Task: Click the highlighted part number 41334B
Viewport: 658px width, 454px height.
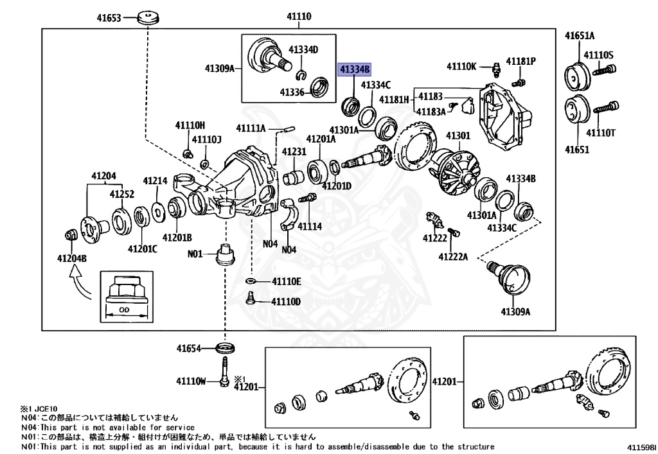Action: click(355, 69)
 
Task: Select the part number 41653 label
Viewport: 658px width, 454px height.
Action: click(109, 18)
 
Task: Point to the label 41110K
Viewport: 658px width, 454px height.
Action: click(461, 66)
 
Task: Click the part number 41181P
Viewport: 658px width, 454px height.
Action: click(520, 62)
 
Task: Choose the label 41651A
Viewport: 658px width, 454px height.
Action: click(580, 35)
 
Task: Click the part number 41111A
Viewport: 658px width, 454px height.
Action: click(251, 128)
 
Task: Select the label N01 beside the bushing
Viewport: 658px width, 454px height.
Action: click(195, 254)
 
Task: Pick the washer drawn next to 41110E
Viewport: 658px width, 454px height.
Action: click(251, 282)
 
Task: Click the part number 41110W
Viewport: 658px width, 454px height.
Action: click(191, 381)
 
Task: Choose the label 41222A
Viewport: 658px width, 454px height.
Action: click(453, 257)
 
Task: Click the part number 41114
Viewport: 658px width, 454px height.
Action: click(309, 227)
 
